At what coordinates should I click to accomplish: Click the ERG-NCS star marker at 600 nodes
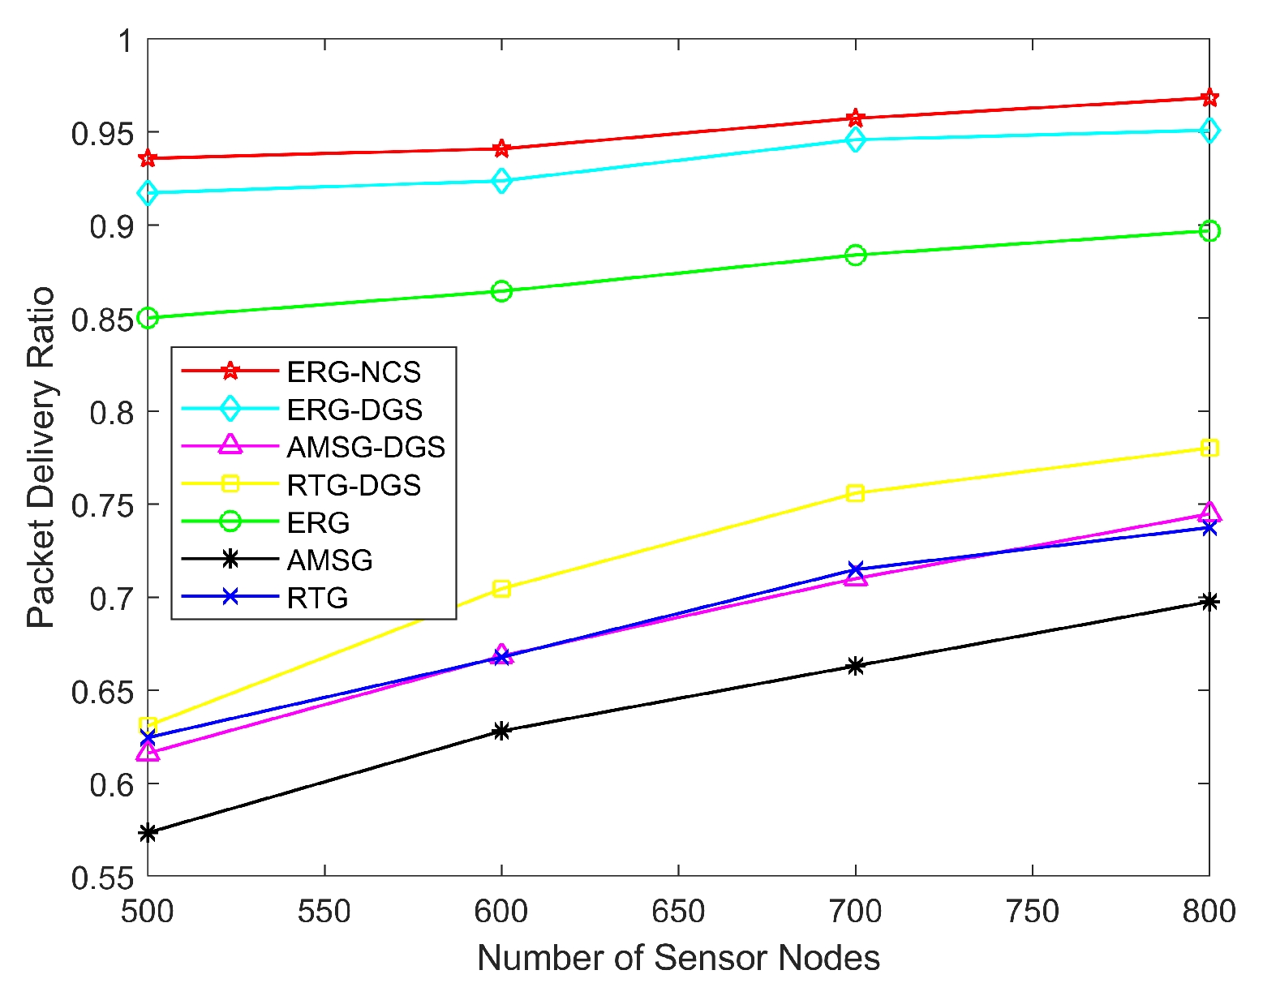click(501, 148)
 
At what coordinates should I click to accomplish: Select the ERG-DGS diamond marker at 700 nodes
click(855, 140)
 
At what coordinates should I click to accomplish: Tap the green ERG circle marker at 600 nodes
click(501, 291)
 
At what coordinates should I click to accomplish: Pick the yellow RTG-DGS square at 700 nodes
click(855, 493)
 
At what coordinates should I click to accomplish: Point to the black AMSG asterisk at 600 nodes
click(501, 731)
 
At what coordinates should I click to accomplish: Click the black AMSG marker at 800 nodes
click(1209, 601)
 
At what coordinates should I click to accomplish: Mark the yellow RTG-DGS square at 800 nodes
click(1209, 449)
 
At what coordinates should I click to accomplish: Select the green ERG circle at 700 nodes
click(855, 255)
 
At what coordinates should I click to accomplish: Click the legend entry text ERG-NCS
click(354, 371)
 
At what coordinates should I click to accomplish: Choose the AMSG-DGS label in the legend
click(366, 447)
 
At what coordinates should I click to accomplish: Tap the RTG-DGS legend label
click(354, 485)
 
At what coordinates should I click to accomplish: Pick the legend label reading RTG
click(317, 599)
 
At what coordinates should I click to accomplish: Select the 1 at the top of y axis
click(126, 41)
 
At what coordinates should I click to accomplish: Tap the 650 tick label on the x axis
click(678, 912)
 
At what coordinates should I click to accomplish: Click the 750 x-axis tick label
click(1032, 912)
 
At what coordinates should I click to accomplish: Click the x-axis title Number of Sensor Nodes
click(678, 958)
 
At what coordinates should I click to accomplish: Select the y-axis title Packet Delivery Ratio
click(41, 457)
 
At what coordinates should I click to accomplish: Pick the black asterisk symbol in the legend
click(230, 560)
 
